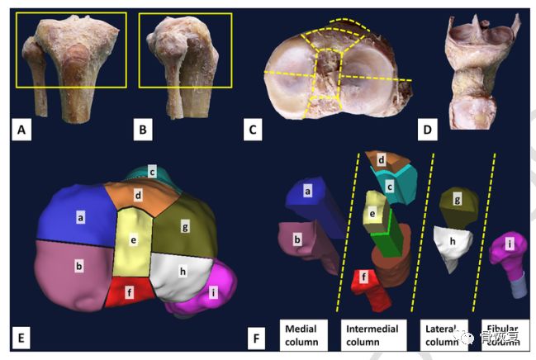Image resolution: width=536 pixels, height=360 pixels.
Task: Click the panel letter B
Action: click(143, 129)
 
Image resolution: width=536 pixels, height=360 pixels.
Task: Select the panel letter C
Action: click(255, 130)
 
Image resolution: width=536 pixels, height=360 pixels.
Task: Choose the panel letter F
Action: click(258, 337)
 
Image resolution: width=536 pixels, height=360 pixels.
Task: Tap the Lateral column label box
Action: click(443, 333)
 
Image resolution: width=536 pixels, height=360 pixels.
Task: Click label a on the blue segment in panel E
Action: click(81, 217)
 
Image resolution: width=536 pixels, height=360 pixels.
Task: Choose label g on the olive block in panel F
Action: click(457, 199)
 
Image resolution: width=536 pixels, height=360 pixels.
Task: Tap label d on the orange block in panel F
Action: click(382, 159)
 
